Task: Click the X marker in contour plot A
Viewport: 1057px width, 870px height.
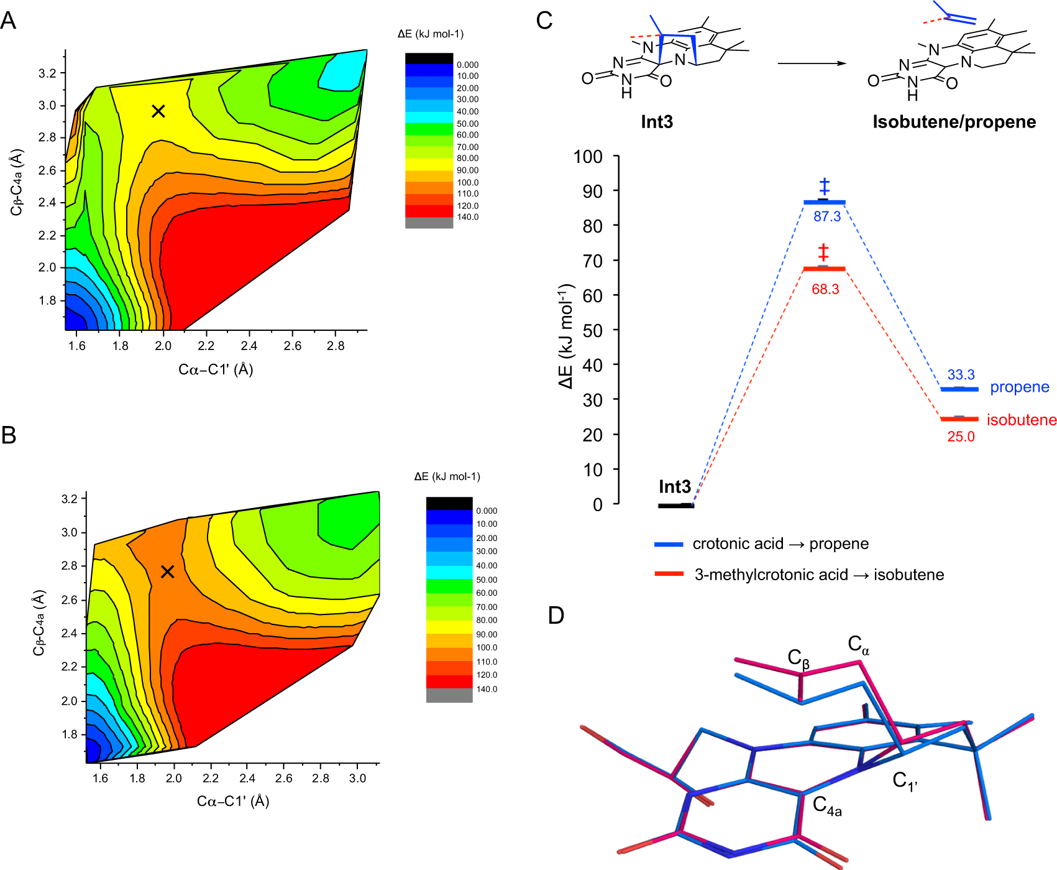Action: [x=158, y=111]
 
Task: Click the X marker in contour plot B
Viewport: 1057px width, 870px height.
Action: [x=167, y=572]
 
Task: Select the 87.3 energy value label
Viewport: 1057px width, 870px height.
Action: [x=827, y=216]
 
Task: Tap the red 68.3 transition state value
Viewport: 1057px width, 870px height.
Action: [x=825, y=289]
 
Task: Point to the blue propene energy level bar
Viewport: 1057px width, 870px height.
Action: [x=959, y=389]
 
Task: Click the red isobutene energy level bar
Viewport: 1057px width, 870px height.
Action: [x=959, y=419]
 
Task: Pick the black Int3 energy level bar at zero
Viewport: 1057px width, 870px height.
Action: [x=676, y=506]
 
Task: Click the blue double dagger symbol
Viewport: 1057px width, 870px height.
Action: [x=824, y=186]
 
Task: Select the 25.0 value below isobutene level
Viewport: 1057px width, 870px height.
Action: [x=961, y=437]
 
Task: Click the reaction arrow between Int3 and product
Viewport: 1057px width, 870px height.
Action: [x=812, y=63]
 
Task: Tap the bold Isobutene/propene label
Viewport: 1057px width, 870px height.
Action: [x=954, y=122]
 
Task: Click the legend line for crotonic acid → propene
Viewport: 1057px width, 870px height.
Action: [x=669, y=544]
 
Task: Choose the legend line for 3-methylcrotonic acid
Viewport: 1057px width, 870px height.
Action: [x=669, y=574]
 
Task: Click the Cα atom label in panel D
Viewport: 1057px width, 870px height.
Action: [x=858, y=645]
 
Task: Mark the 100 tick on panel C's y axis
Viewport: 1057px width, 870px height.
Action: [x=588, y=157]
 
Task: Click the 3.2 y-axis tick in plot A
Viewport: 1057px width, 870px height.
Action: [x=47, y=73]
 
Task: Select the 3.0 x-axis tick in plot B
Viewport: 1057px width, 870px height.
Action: [x=357, y=778]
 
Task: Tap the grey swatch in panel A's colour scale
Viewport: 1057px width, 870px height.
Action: [x=429, y=223]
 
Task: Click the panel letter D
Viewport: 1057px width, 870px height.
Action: [x=556, y=616]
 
